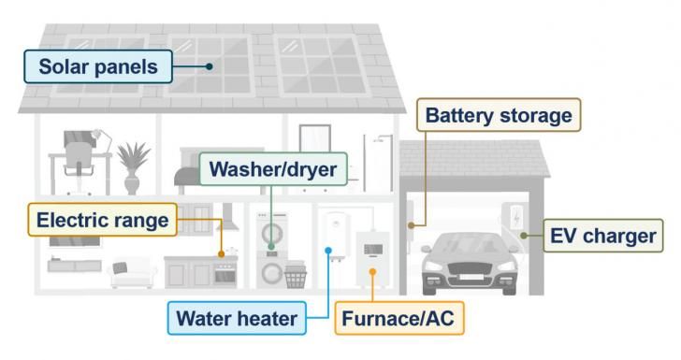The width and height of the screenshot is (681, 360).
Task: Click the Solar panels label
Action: tap(99, 66)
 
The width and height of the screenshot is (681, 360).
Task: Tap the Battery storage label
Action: tap(498, 116)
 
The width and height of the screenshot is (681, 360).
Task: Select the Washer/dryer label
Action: tap(272, 170)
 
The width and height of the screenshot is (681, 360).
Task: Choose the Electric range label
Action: tap(102, 221)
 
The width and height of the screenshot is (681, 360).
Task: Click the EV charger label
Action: tap(603, 235)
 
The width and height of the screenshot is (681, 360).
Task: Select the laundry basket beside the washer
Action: tap(297, 277)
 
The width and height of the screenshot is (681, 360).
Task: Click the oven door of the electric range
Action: tap(225, 276)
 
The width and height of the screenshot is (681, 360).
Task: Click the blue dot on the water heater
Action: tap(328, 250)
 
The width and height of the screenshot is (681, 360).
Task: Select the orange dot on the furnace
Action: tap(371, 272)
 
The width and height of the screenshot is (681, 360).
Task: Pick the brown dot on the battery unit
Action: tap(412, 225)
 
